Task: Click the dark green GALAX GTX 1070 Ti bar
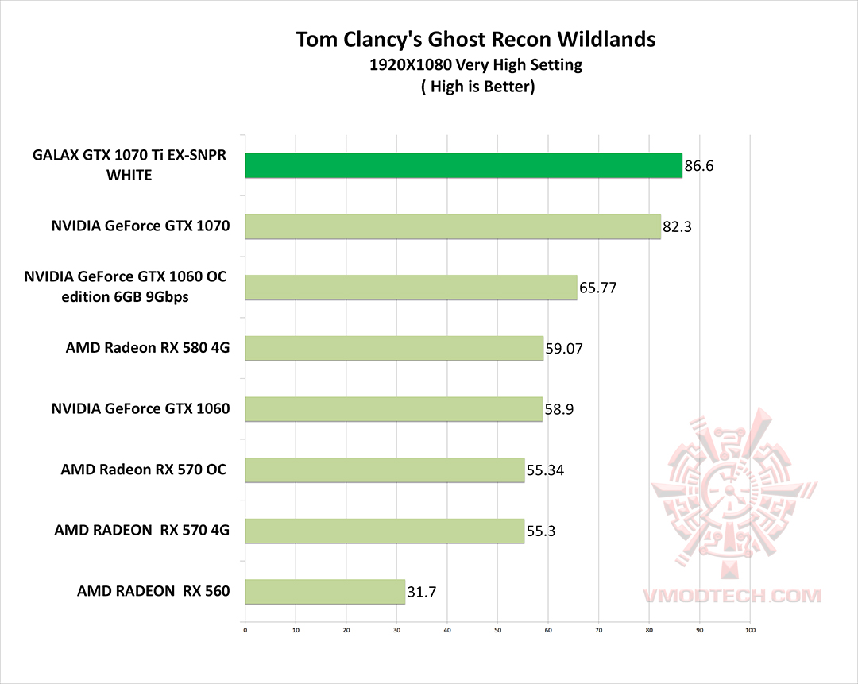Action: tap(463, 165)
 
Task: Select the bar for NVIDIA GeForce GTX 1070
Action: tap(453, 226)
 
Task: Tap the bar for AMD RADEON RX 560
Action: tap(325, 592)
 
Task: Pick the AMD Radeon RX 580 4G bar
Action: tap(394, 348)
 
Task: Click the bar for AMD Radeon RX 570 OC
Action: tap(385, 470)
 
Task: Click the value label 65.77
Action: tap(597, 288)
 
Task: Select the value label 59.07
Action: tap(564, 349)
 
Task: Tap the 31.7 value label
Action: tap(422, 593)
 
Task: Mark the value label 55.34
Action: tap(545, 471)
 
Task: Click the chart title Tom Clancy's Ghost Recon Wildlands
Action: tap(477, 39)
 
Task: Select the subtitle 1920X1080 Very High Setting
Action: tap(476, 65)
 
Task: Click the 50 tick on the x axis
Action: tap(497, 632)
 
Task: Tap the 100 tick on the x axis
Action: tap(749, 632)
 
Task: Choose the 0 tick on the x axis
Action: tap(245, 632)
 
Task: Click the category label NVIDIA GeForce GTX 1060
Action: tap(140, 409)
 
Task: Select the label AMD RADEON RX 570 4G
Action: tap(141, 530)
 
